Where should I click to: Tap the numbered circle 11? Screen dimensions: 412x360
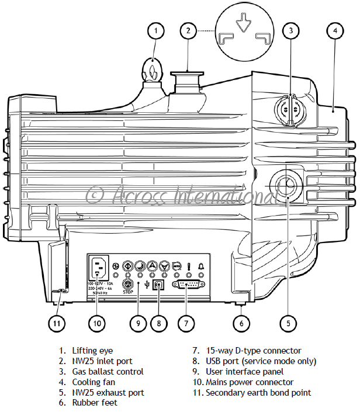tap(57, 322)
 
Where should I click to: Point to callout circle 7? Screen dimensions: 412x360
tap(186, 322)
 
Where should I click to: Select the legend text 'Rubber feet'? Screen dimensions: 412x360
tap(95, 403)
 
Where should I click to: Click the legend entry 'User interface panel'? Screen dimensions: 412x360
tap(244, 372)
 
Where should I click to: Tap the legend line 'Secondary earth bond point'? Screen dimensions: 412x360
tap(258, 393)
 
